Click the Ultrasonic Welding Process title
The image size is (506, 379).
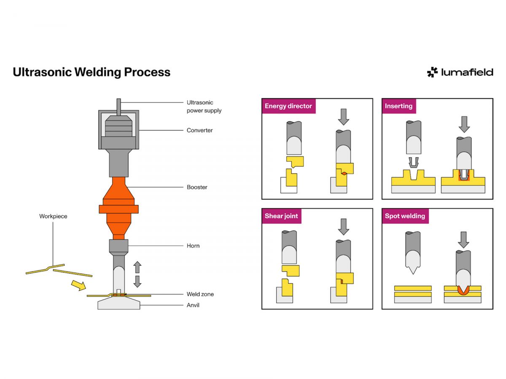(x=92, y=72)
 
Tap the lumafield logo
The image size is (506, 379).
(x=460, y=72)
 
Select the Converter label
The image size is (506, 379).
(x=199, y=130)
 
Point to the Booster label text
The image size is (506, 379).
(x=197, y=187)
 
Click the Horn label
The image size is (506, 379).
(x=193, y=246)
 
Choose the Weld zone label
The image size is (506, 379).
(x=200, y=294)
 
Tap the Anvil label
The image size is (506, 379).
(x=193, y=305)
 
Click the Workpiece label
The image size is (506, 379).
(x=53, y=216)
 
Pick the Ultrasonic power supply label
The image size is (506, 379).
(x=204, y=107)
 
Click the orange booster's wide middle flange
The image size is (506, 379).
(x=119, y=209)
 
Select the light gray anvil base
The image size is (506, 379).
(x=119, y=303)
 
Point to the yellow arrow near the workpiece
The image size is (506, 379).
(x=79, y=286)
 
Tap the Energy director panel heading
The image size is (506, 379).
(x=288, y=106)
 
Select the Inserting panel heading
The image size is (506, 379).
(x=398, y=106)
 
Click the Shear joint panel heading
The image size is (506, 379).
(x=281, y=216)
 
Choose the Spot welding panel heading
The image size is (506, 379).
(x=405, y=216)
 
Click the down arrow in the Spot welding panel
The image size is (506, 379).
(x=463, y=240)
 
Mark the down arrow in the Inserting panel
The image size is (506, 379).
(x=464, y=124)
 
